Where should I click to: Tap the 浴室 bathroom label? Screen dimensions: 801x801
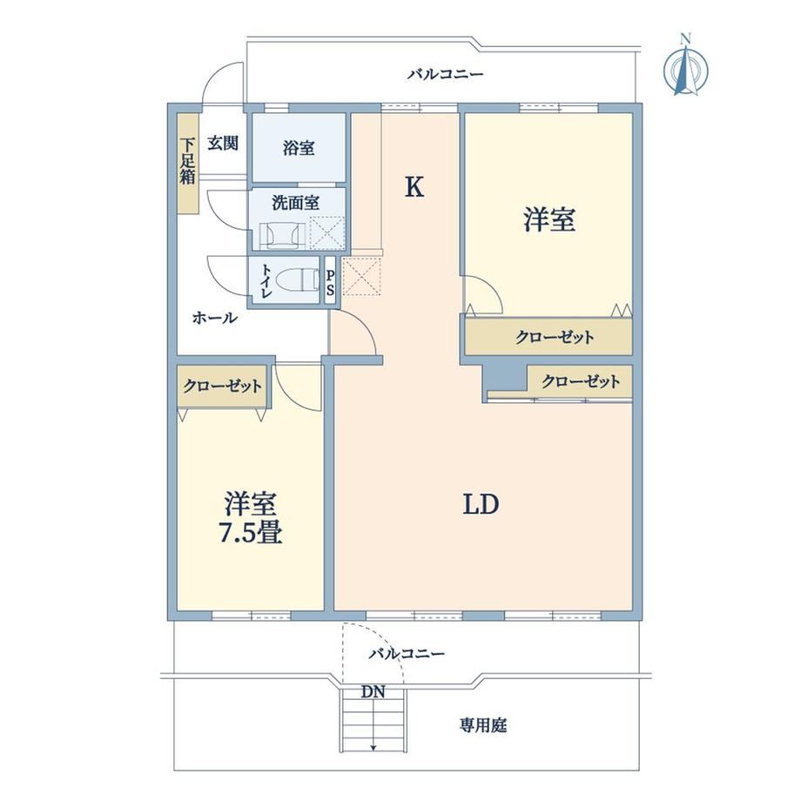(x=299, y=149)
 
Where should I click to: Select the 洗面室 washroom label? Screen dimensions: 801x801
(x=296, y=203)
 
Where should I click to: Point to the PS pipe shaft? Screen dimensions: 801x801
(x=331, y=282)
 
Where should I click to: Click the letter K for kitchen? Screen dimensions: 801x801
(x=414, y=187)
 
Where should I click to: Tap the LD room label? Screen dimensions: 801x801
(x=481, y=505)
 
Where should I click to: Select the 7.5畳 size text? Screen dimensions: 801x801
(x=251, y=533)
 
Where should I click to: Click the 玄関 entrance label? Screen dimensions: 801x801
(x=223, y=143)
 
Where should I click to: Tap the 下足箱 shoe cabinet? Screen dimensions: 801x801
(x=187, y=163)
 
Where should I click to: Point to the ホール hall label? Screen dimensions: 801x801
(x=214, y=318)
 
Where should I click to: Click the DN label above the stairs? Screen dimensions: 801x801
(x=373, y=692)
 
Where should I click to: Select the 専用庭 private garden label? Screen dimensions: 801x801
(x=482, y=725)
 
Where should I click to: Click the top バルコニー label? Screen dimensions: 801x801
(x=445, y=75)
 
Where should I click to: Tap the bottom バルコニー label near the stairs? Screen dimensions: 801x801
(x=407, y=653)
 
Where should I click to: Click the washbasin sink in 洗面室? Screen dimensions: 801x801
(x=282, y=236)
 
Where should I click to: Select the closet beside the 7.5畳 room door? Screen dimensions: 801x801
(x=222, y=386)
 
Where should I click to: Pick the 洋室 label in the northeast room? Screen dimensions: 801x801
(x=549, y=219)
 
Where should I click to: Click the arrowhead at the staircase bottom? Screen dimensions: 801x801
(x=374, y=749)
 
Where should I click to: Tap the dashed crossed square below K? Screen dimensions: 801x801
(x=361, y=276)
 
